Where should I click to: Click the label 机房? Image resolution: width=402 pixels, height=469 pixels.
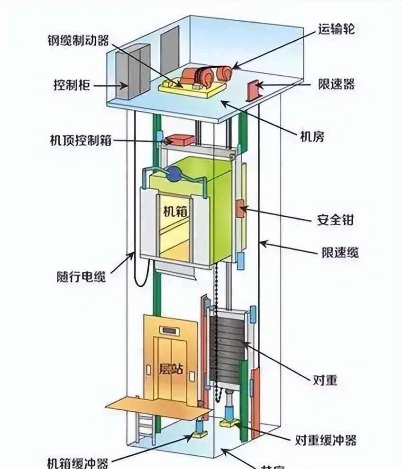click(312, 136)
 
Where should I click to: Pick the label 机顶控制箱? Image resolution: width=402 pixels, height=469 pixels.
click(81, 140)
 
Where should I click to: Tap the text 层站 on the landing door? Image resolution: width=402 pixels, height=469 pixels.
click(171, 368)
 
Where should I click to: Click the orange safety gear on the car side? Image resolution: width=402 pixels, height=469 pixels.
click(241, 209)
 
